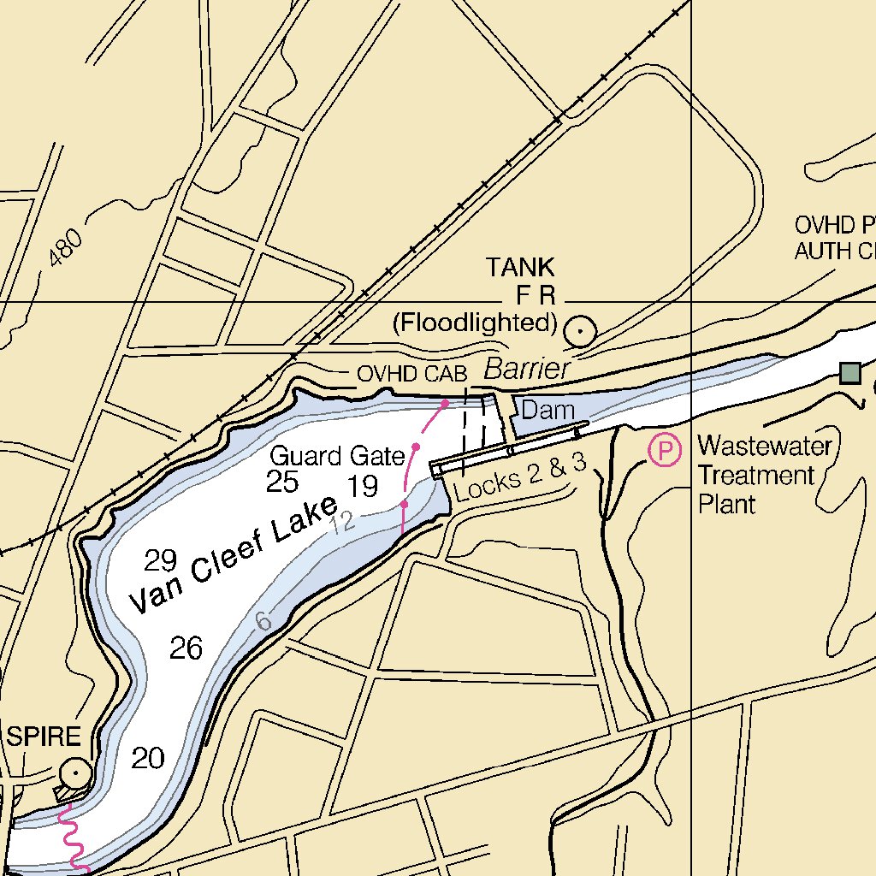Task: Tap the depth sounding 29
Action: [160, 561]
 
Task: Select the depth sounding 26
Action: [186, 648]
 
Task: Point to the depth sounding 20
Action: [147, 758]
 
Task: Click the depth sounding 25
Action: [282, 482]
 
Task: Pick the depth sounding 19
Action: [364, 487]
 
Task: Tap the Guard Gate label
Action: [337, 456]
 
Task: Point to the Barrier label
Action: [526, 370]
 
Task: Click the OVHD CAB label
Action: [411, 374]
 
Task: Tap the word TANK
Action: [520, 267]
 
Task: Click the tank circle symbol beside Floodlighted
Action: [581, 329]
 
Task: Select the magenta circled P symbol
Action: [665, 450]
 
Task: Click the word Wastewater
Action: [764, 447]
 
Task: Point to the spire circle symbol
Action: [76, 773]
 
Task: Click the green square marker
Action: [849, 372]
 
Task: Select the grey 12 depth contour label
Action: [342, 523]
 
